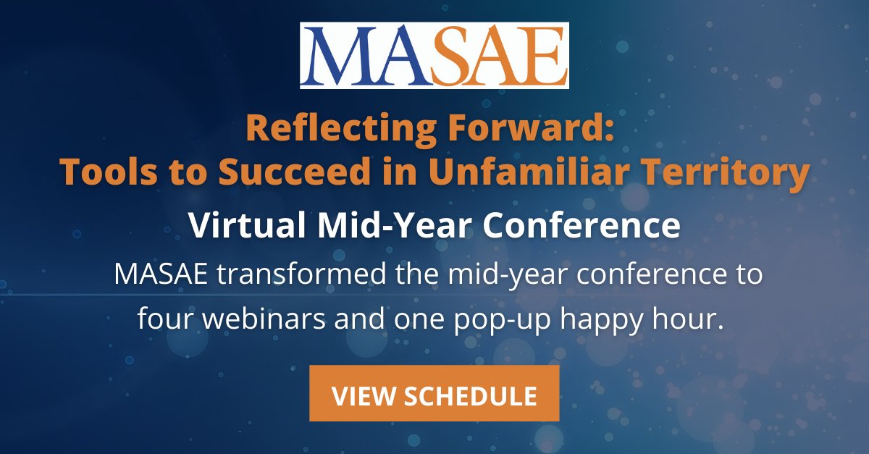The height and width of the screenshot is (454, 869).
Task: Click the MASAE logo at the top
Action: click(x=434, y=56)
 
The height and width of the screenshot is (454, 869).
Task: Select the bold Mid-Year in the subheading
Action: click(x=379, y=226)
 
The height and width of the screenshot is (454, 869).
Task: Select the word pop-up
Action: click(x=487, y=320)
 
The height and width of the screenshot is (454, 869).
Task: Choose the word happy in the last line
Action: click(x=598, y=320)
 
